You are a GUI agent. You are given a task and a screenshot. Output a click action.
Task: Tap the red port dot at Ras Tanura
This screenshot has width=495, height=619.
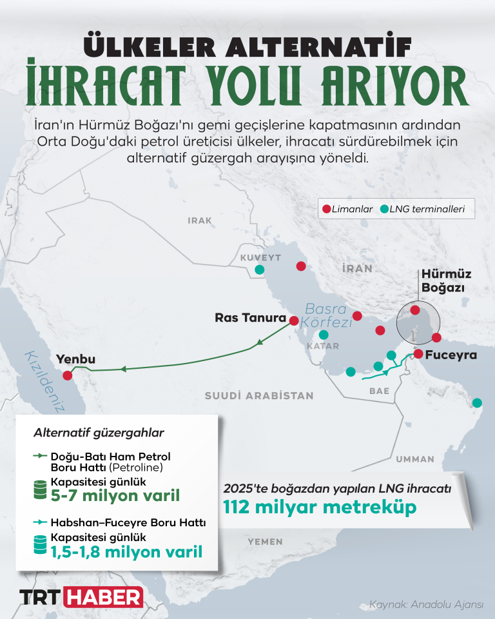point(294,320)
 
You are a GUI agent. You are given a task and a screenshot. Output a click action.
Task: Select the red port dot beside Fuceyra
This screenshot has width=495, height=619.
point(418,354)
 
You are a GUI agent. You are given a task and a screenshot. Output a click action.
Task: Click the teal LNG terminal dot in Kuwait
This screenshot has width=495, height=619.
point(259,270)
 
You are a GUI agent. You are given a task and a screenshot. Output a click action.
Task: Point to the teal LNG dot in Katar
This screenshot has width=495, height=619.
point(324,335)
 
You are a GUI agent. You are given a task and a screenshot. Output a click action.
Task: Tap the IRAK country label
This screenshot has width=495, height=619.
point(200,221)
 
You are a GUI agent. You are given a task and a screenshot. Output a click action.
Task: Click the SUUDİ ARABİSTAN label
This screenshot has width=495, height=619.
point(259,396)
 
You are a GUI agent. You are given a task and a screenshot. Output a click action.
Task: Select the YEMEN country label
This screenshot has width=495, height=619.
point(265,542)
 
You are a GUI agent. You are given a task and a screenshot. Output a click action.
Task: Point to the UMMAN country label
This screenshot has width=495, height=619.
point(415,459)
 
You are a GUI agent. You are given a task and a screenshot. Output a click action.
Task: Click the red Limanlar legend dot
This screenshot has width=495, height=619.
point(326,208)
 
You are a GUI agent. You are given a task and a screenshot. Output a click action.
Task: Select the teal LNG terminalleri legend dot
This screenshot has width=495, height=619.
point(385,208)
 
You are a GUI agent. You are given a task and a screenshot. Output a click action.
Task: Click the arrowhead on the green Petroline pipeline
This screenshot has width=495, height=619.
point(123,369)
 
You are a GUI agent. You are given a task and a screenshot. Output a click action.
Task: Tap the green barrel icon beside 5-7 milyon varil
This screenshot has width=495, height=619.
point(40,491)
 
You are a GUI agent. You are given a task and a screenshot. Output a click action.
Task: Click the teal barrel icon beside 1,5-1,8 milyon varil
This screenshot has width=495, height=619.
point(40,545)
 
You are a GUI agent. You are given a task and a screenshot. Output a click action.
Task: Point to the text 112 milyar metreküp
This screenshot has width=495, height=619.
point(320,507)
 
